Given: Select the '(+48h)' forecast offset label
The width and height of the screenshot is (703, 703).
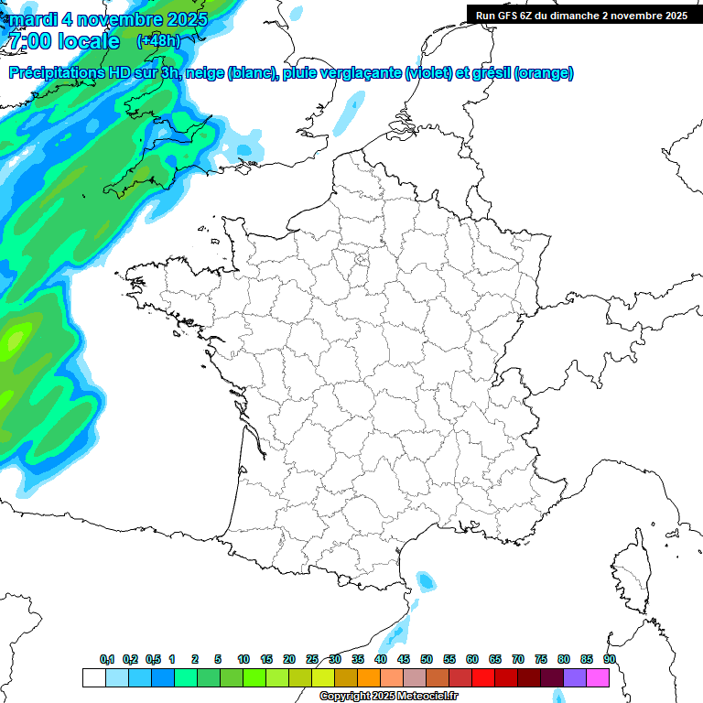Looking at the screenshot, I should tap(158, 40).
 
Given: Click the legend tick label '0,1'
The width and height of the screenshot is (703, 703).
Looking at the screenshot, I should tap(107, 659).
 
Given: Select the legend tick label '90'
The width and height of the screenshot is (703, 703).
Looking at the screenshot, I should tap(610, 659).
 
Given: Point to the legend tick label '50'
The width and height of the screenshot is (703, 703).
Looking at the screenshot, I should tap(427, 659).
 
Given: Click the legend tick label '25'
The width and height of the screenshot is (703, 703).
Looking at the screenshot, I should tap(312, 659).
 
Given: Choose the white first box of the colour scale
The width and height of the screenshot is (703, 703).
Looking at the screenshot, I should tap(93, 677).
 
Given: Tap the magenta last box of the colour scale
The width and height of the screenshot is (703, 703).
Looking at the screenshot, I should tap(598, 677).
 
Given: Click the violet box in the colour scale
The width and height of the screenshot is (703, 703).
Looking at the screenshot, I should tap(575, 677).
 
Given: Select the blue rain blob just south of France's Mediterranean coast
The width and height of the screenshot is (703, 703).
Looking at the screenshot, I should tap(425, 580).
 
